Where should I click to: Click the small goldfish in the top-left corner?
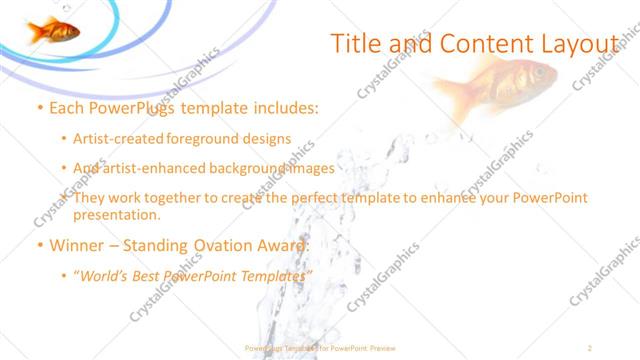(53, 31)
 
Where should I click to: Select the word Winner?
(79, 245)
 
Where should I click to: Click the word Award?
(283, 245)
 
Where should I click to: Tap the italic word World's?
(107, 275)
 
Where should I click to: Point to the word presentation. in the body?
(116, 214)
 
